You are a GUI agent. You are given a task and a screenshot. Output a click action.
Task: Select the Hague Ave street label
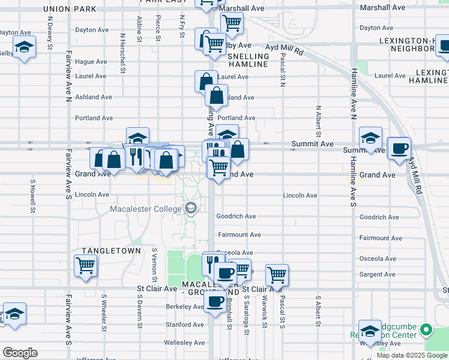coord(91,61)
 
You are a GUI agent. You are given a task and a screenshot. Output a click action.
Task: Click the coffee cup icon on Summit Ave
coord(399,149)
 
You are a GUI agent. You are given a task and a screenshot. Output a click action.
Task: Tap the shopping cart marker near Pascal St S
coord(277,275)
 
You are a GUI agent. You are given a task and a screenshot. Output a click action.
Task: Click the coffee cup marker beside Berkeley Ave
coord(215,302)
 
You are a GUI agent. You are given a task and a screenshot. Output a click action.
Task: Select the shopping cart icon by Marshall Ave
coord(231,23)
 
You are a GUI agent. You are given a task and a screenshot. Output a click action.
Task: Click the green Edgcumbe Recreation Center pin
coord(426,329)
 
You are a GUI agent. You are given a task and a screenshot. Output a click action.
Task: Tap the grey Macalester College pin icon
coord(191,208)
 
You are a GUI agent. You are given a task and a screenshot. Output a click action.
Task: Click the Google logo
coord(20,353)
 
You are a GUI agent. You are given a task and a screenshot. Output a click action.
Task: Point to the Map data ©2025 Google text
coord(411,355)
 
